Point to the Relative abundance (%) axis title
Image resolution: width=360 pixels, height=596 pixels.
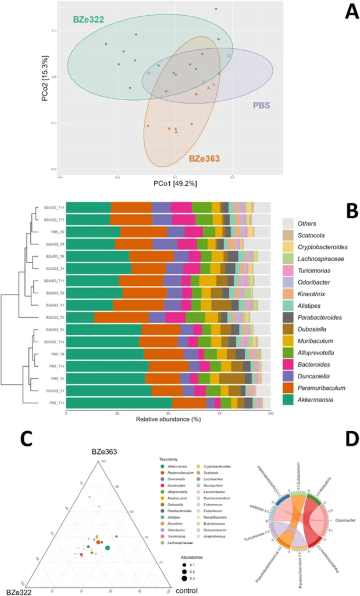167,419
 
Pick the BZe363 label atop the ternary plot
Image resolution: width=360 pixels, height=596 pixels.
105,452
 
